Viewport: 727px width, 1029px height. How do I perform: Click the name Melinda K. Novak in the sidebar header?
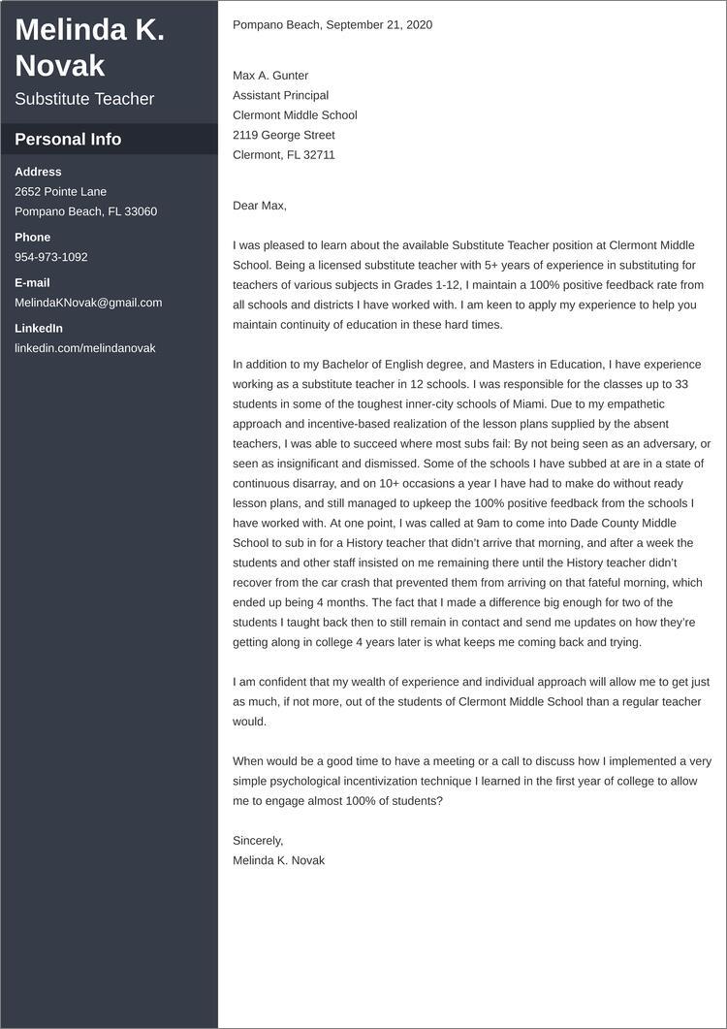[89, 48]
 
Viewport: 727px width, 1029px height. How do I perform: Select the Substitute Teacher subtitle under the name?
[84, 99]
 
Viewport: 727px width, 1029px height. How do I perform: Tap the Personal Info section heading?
[68, 139]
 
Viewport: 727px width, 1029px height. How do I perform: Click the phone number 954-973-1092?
[51, 257]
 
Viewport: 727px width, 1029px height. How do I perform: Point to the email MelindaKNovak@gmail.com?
[88, 303]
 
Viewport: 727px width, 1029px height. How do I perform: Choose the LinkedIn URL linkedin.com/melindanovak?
[85, 348]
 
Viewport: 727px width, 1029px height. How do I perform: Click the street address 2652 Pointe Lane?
[61, 191]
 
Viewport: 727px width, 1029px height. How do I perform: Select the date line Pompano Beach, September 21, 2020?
[332, 24]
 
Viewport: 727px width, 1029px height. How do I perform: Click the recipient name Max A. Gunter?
[270, 76]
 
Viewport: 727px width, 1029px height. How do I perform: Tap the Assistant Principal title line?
[280, 95]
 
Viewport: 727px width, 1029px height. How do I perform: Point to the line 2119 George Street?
[284, 135]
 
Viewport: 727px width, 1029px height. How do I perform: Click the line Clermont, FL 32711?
[284, 154]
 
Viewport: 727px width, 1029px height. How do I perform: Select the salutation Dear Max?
[260, 206]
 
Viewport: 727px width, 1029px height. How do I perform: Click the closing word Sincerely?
[258, 841]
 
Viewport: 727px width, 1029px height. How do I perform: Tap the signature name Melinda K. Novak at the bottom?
[279, 860]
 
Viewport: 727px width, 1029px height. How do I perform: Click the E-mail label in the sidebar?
[32, 282]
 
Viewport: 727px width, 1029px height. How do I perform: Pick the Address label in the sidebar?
[38, 172]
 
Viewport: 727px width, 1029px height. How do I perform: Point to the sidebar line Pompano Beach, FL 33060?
[85, 211]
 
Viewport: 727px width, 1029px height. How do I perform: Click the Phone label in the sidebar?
[32, 237]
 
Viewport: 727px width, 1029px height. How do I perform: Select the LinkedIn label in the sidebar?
[39, 328]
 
